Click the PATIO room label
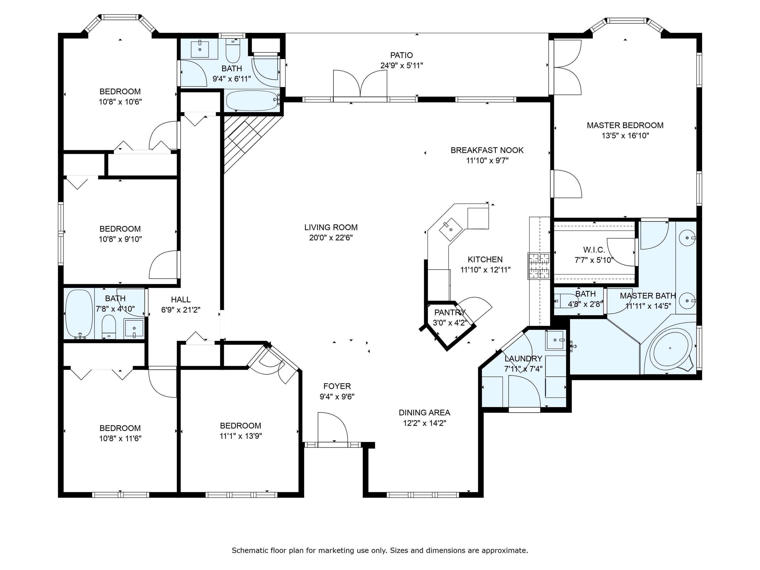point(401,55)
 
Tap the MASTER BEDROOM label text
point(625,125)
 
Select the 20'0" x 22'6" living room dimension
point(331,238)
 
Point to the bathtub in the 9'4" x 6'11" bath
point(253,100)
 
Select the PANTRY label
point(450,312)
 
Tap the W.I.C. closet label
point(594,250)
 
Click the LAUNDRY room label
point(523,359)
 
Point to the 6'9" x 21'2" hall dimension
point(181,310)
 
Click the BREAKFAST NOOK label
point(487,150)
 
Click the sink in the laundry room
point(555,340)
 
